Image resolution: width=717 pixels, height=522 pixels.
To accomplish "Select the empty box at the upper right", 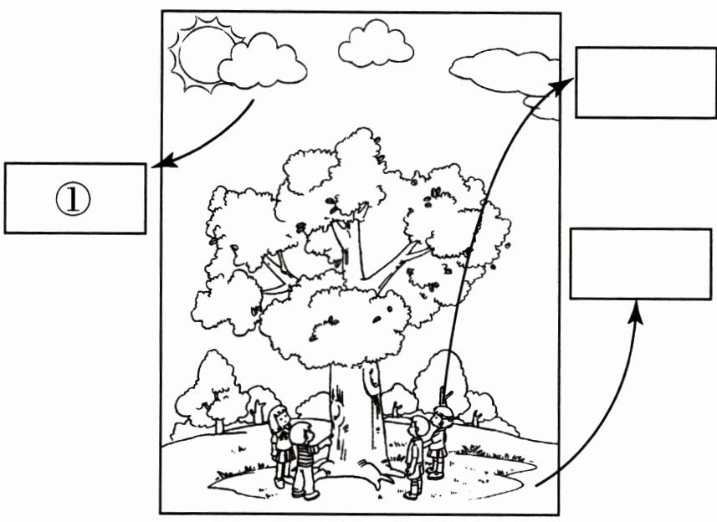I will [x=645, y=82].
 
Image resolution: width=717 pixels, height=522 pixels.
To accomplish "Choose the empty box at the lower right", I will [x=640, y=264].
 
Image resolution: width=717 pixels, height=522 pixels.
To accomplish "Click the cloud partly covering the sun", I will [x=262, y=63].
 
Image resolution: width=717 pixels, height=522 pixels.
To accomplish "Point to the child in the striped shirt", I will [x=305, y=458].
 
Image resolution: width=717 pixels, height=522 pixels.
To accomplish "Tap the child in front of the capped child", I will [x=415, y=456].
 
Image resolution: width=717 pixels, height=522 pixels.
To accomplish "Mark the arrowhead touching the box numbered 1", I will [x=159, y=163].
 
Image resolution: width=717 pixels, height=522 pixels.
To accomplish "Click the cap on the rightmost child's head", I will [x=443, y=410].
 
